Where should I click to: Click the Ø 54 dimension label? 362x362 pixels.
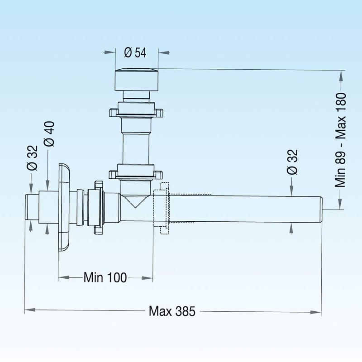[x=135, y=52]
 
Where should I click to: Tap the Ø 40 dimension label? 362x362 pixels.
[x=50, y=133]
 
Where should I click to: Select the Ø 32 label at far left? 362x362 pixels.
[x=32, y=159]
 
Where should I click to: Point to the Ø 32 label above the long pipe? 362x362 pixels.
[x=293, y=163]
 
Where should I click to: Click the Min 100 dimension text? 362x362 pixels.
[x=105, y=276]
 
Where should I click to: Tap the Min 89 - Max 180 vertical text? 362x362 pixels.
[x=341, y=140]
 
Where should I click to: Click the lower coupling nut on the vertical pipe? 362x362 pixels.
[x=135, y=172]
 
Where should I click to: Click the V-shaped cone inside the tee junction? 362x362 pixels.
[x=135, y=202]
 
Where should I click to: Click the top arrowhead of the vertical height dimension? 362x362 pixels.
[x=341, y=74]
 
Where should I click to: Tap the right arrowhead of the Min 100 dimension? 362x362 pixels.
[x=149, y=276]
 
